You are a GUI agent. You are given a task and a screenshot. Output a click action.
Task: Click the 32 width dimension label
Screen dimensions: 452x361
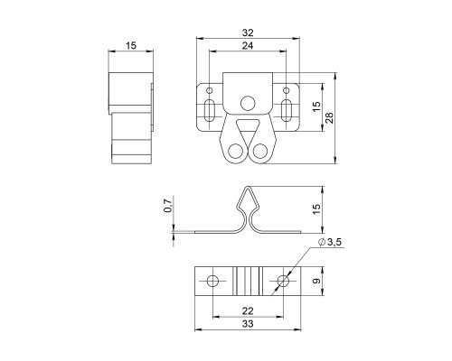coord(248,32)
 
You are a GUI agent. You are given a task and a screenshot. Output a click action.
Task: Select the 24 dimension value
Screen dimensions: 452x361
coord(248,46)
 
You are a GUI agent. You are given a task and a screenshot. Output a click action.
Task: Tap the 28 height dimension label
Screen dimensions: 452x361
coord(329,118)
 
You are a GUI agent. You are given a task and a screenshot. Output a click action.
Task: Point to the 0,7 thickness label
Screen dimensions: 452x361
coord(168,205)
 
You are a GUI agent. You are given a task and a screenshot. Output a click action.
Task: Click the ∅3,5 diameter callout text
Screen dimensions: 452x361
coord(330,242)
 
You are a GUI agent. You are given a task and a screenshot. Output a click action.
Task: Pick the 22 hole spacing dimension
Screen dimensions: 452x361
coord(248,310)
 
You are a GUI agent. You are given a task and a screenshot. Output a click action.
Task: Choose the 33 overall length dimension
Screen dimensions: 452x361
coord(248,324)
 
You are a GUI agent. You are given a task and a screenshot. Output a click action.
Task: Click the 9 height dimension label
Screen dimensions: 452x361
coord(315,282)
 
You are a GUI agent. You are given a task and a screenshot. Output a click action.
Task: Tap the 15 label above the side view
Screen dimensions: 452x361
coord(131,46)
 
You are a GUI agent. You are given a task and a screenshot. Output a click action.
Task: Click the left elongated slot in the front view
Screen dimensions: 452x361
coord(209,110)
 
